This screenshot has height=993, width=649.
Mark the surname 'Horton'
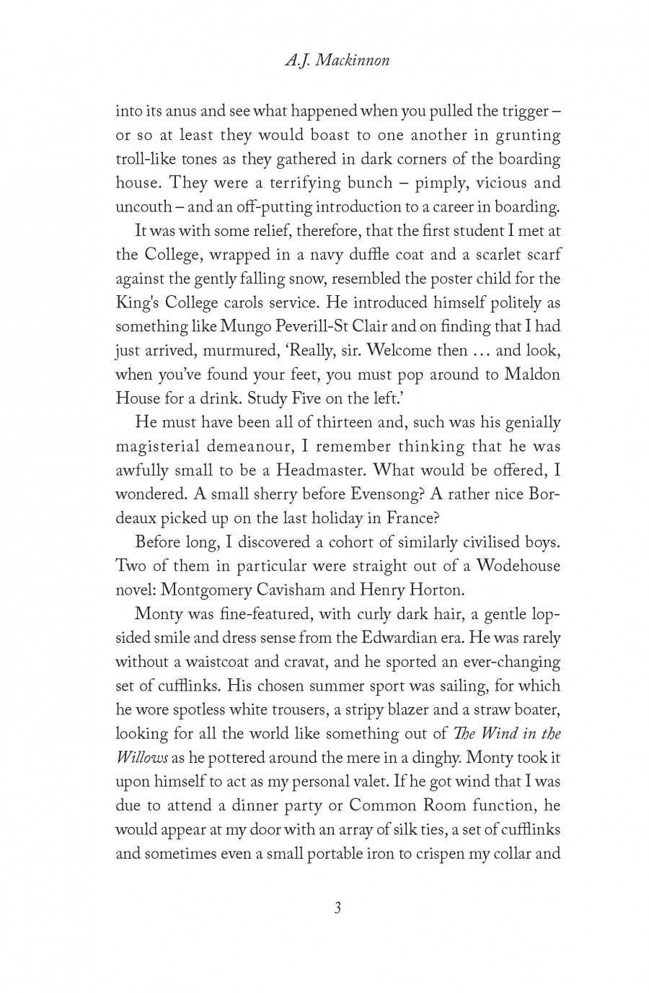(x=436, y=590)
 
